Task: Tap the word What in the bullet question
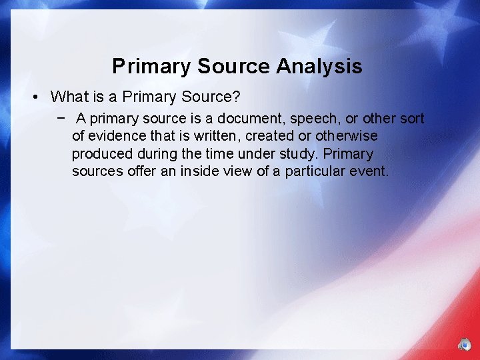point(67,97)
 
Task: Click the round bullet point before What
point(35,97)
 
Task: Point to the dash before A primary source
point(61,119)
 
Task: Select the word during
point(156,154)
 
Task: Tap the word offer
point(143,171)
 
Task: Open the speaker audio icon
point(464,345)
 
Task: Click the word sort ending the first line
point(411,119)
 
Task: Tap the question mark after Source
point(236,97)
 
